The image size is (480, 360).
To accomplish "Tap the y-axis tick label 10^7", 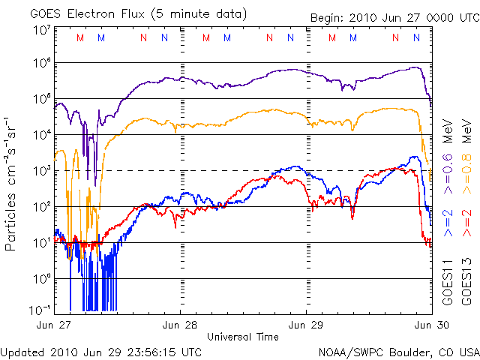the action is pyautogui.click(x=42, y=31).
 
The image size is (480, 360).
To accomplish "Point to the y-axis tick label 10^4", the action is pyautogui.click(x=42, y=135).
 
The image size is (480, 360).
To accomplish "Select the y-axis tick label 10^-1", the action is pyautogui.click(x=40, y=310).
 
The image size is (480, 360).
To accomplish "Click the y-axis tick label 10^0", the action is pyautogui.click(x=42, y=279).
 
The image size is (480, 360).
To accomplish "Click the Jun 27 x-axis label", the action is pyautogui.click(x=53, y=325).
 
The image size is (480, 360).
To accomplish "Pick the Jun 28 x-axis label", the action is pyautogui.click(x=180, y=325).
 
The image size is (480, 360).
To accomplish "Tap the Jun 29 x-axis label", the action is pyautogui.click(x=305, y=325).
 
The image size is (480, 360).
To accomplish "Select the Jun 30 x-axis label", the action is pyautogui.click(x=432, y=325).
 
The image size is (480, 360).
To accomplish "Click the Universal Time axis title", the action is pyautogui.click(x=243, y=337).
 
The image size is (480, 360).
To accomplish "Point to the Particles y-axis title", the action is pyautogui.click(x=10, y=184).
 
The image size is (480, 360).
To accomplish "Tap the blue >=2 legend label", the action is pyautogui.click(x=448, y=223).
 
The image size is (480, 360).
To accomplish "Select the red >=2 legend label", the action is pyautogui.click(x=466, y=223).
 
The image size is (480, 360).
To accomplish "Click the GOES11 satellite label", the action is pyautogui.click(x=448, y=282).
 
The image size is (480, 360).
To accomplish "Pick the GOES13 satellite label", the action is pyautogui.click(x=466, y=282).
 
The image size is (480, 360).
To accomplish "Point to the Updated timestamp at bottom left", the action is pyautogui.click(x=101, y=352).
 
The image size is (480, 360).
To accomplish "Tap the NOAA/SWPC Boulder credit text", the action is pyautogui.click(x=399, y=352).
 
